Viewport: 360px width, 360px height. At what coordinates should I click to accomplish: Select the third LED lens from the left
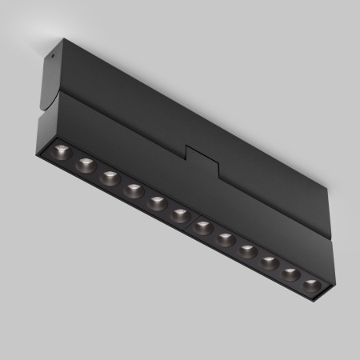pyautogui.click(x=110, y=178)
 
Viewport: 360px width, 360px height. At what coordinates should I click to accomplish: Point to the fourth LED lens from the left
pyautogui.click(x=133, y=190)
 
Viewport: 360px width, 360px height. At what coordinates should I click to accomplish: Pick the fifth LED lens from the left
pyautogui.click(x=157, y=202)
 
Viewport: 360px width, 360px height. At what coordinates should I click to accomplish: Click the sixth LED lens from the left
pyautogui.click(x=180, y=214)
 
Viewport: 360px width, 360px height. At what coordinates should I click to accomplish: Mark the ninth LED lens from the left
pyautogui.click(x=248, y=250)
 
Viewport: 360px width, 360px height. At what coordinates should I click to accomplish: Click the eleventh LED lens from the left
pyautogui.click(x=291, y=273)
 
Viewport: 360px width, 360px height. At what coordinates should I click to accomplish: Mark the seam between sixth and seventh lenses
pyautogui.click(x=192, y=221)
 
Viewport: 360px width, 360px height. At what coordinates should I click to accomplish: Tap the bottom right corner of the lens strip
pyautogui.click(x=318, y=298)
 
